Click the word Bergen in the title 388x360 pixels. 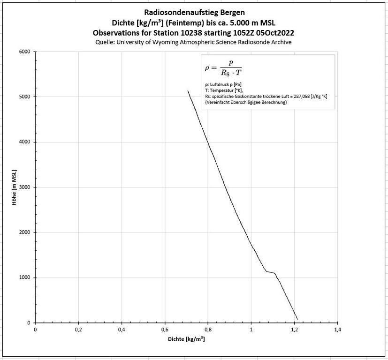coord(230,12)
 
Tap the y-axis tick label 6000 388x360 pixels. coord(24,52)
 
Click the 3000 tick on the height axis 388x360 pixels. coord(24,187)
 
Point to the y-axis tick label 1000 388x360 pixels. coord(24,277)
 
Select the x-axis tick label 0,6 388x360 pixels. coord(165,330)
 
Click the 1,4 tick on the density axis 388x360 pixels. coord(337,330)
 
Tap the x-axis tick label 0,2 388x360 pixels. coord(78,330)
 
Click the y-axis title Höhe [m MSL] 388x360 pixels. coord(15,187)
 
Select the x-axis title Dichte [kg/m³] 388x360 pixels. coord(186,338)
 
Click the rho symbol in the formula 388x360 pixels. coord(208,67)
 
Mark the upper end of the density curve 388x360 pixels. coord(188,90)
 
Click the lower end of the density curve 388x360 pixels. coord(297,319)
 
